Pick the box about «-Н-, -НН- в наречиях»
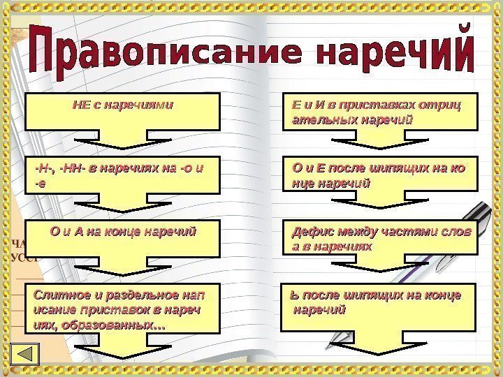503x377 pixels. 122,174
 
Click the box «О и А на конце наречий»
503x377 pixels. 122,237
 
